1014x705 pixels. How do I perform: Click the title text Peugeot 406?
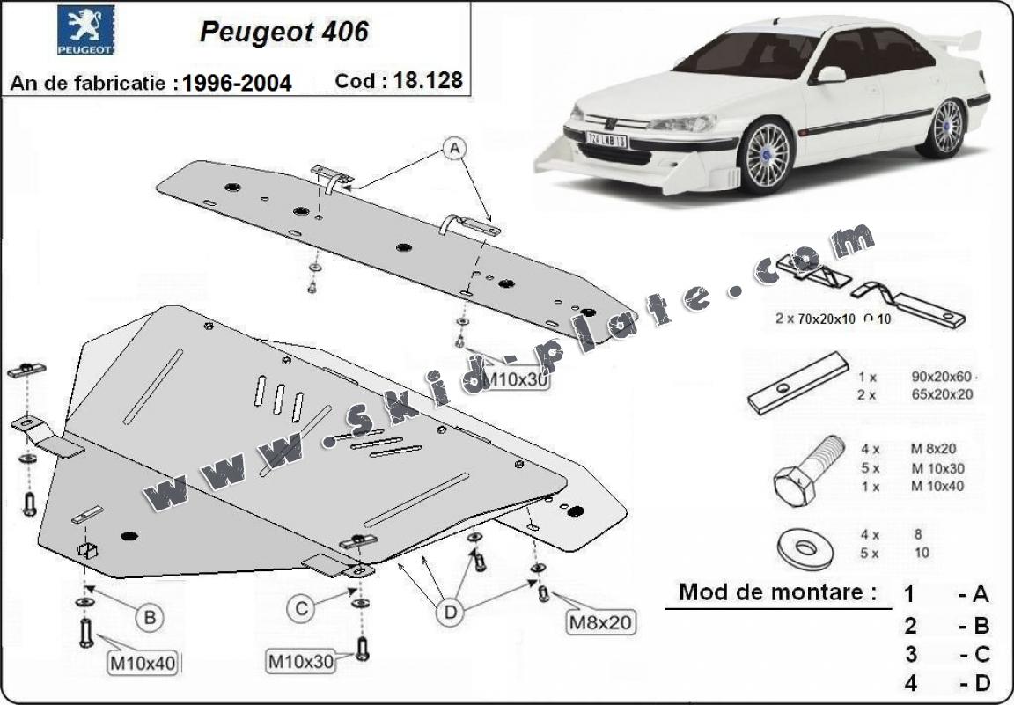point(283,31)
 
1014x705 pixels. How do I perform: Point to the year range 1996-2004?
point(237,83)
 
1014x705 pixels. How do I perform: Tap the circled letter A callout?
point(455,150)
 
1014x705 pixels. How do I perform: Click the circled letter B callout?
point(151,618)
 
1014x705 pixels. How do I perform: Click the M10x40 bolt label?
point(141,663)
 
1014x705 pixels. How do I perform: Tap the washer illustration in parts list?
point(805,546)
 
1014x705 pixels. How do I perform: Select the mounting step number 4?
point(910,682)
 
